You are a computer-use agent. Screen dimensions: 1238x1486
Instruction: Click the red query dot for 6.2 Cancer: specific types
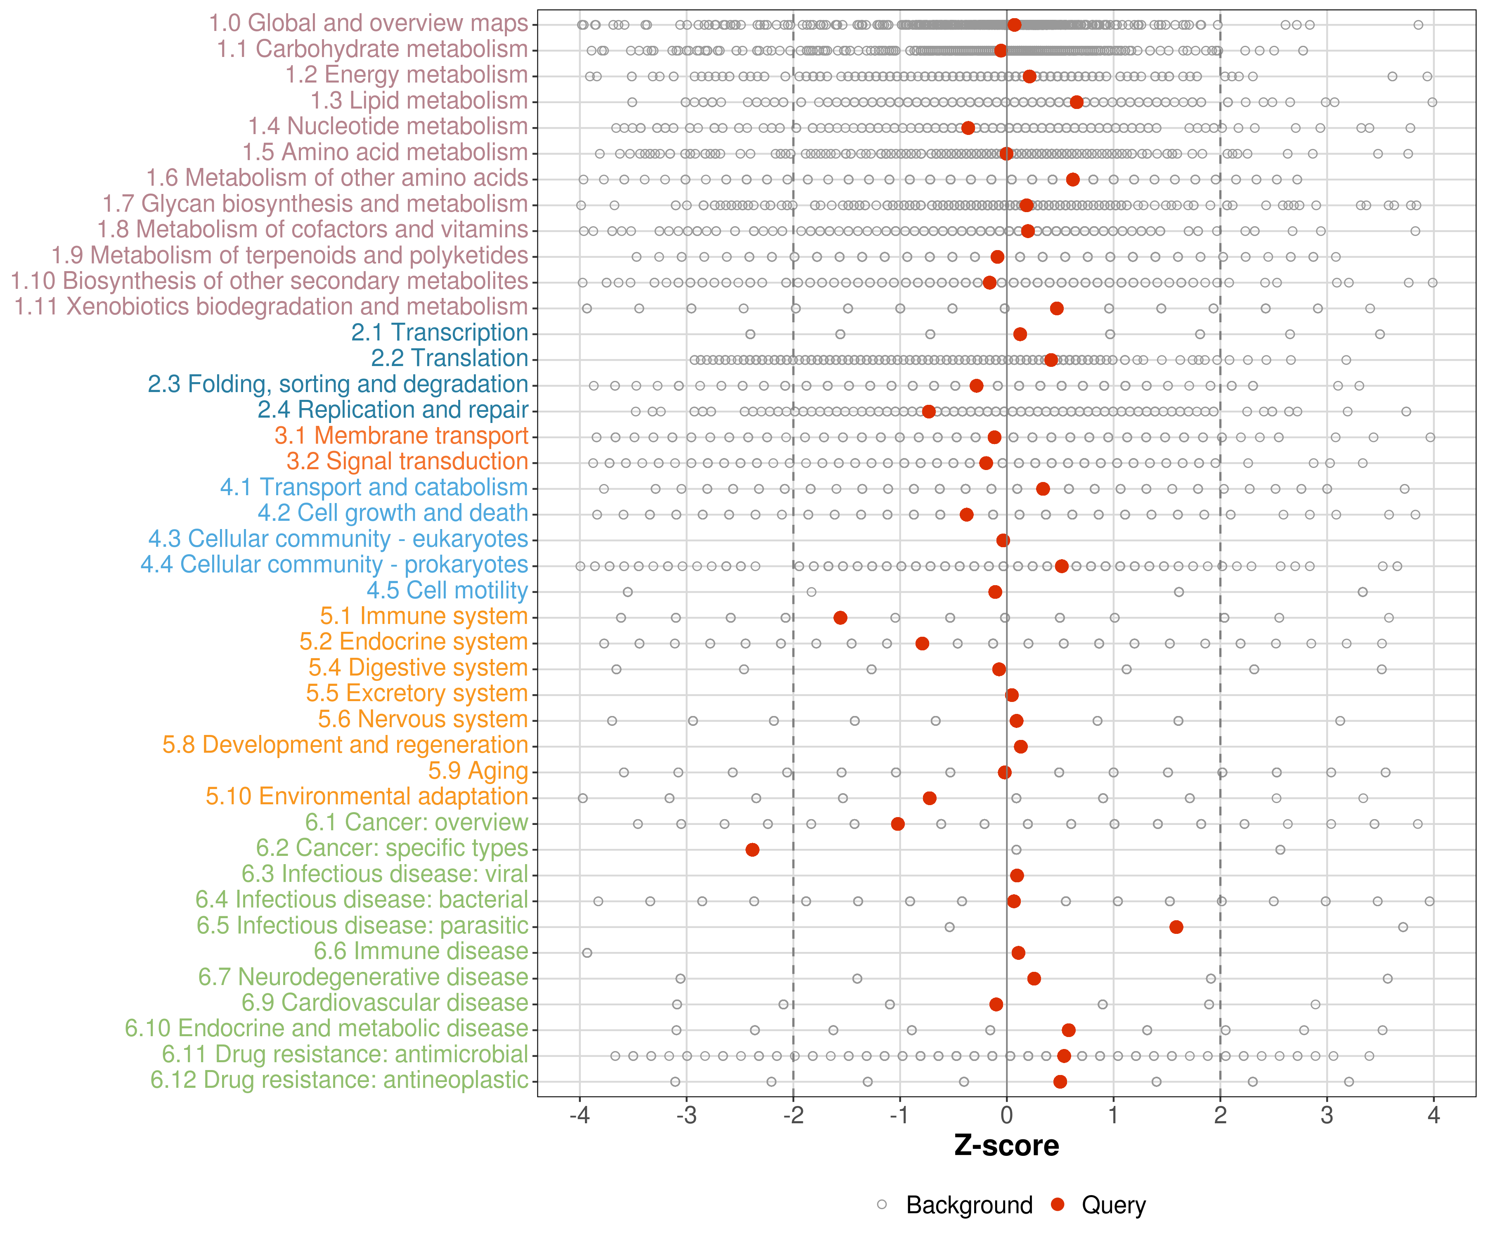(752, 850)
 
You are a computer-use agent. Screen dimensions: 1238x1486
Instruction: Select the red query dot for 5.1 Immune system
(840, 618)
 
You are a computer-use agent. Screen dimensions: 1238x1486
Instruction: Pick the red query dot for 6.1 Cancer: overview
(898, 823)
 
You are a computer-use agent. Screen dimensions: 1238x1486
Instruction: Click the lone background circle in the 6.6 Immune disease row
(587, 953)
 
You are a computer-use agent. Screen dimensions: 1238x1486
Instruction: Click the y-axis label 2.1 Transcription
(440, 333)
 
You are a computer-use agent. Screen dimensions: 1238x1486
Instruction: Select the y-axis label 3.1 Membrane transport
(401, 436)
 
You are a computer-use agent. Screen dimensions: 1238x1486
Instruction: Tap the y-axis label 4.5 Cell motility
(447, 590)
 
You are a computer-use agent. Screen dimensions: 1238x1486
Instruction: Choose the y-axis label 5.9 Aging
(478, 770)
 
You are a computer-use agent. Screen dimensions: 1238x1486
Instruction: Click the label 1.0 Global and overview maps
(368, 24)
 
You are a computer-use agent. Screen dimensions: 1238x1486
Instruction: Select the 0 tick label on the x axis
(1006, 1116)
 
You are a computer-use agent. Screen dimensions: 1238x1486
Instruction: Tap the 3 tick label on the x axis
(1327, 1116)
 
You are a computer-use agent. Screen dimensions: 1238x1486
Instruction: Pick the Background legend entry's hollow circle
(882, 1205)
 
